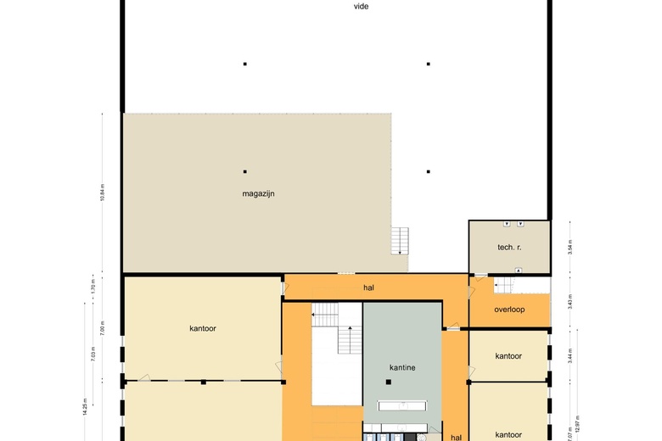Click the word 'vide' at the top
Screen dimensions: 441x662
[x=362, y=6]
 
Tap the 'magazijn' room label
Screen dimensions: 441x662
[x=258, y=193]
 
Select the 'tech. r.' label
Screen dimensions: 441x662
[x=509, y=247]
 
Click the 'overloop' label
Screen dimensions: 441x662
[x=509, y=310]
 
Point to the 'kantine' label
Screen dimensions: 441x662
[x=401, y=367]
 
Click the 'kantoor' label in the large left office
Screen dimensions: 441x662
[x=203, y=328]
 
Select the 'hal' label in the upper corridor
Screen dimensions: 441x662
[x=368, y=287]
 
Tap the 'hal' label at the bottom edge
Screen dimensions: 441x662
[x=456, y=437]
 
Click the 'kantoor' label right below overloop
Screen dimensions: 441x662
[x=508, y=356]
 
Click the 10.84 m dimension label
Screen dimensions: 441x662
[x=103, y=195]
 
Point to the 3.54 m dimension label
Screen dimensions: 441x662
[x=571, y=247]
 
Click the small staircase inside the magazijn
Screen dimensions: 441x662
[x=400, y=241]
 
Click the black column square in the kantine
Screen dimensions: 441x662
[x=388, y=382]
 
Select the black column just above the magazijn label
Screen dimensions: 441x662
[x=245, y=171]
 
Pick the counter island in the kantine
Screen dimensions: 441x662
[x=402, y=405]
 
